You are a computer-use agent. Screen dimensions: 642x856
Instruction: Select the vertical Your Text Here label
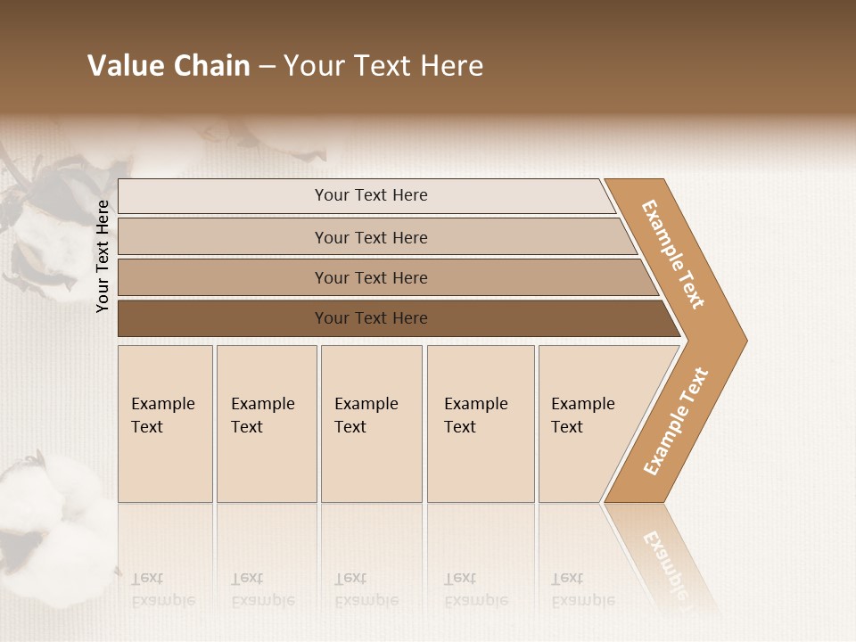tap(103, 257)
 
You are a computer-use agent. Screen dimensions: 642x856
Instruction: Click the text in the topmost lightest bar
tap(371, 195)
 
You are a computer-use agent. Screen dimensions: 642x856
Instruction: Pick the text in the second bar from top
tap(371, 237)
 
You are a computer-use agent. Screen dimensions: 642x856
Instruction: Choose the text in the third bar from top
tap(371, 277)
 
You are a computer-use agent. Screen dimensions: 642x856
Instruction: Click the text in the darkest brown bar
tap(371, 317)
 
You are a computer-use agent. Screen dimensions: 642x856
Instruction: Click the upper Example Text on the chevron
tap(673, 254)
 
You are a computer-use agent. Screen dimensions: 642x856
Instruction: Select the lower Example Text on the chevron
tap(676, 421)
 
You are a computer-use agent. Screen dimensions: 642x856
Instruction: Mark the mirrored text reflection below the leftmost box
tap(163, 589)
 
